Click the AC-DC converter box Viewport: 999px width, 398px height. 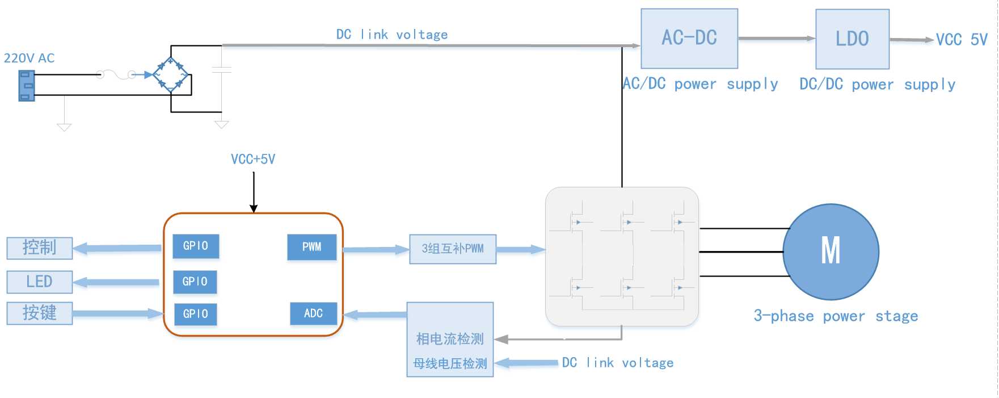[x=689, y=39]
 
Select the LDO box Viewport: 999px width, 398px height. [x=852, y=39]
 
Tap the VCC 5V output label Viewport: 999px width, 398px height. [x=962, y=40]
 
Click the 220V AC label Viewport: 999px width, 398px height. [x=29, y=58]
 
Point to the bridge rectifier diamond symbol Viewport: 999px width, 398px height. [x=171, y=74]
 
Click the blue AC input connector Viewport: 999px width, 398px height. [x=26, y=86]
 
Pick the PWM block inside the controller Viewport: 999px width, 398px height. [x=311, y=247]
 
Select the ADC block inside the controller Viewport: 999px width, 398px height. [x=313, y=313]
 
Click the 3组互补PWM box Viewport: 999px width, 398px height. [x=453, y=249]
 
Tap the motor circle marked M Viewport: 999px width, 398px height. [x=831, y=252]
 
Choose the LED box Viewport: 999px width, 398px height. [x=39, y=282]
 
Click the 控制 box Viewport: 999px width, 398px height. [x=39, y=248]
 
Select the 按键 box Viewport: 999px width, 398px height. [x=39, y=313]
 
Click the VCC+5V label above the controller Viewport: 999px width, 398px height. [x=253, y=160]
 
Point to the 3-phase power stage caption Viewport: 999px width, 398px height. [x=836, y=316]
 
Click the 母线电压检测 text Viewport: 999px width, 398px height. [x=450, y=363]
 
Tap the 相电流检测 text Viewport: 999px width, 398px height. [x=450, y=339]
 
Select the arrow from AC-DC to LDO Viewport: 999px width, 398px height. [x=777, y=39]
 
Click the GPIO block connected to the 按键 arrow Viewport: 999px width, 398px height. [x=195, y=314]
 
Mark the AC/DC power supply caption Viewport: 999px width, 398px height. [x=701, y=85]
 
